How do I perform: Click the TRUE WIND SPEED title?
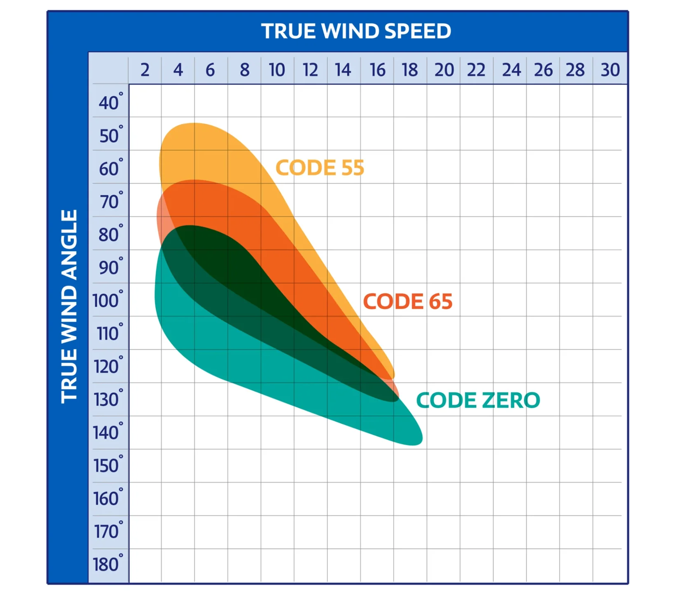click(x=356, y=31)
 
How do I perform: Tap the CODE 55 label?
click(x=320, y=168)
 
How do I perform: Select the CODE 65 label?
click(x=407, y=301)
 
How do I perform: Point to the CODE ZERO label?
click(x=478, y=400)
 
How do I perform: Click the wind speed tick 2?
click(x=145, y=70)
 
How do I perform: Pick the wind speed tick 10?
click(x=277, y=70)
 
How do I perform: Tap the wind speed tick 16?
click(x=377, y=70)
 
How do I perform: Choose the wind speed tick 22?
click(x=476, y=70)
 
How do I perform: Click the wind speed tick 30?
click(x=610, y=70)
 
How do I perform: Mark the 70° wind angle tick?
click(x=110, y=202)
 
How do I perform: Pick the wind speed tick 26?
click(x=543, y=70)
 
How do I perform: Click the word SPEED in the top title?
click(x=418, y=31)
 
